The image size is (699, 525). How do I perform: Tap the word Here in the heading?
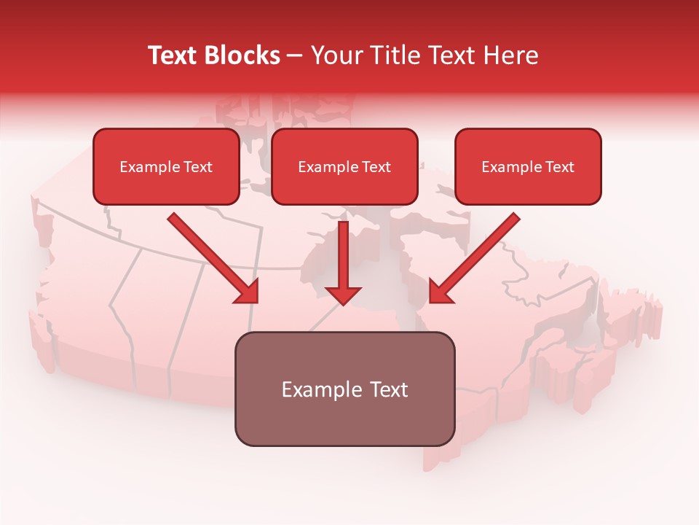(510, 55)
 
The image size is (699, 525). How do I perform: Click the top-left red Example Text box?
(166, 166)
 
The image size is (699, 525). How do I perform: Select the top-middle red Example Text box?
(344, 166)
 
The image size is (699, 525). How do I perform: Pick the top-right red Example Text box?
(528, 166)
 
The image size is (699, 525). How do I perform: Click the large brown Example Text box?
(344, 389)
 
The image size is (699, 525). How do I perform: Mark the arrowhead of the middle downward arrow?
(343, 294)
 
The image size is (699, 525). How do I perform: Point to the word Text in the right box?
(559, 167)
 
